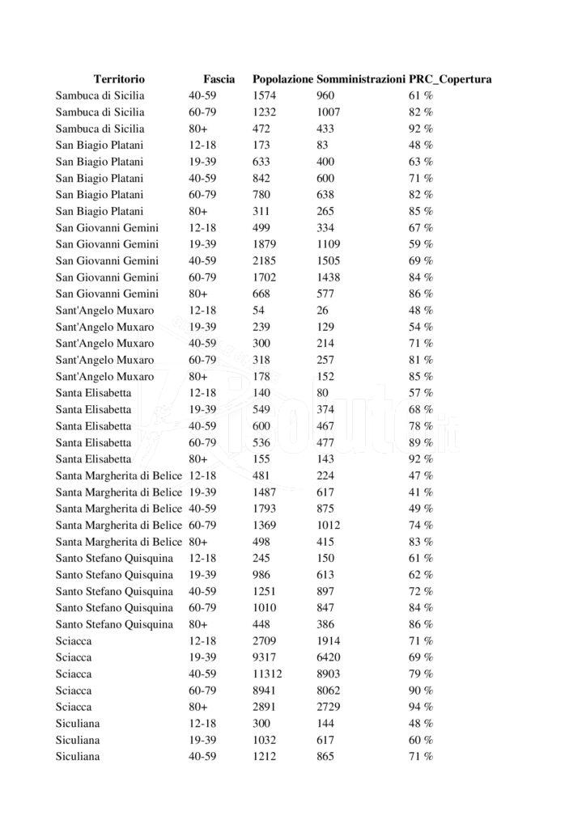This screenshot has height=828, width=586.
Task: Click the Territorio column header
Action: click(x=119, y=79)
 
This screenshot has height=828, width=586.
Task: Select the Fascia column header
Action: click(x=219, y=79)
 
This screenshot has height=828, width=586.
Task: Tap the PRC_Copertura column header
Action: click(x=451, y=79)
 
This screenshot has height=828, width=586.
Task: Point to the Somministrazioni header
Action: click(x=361, y=79)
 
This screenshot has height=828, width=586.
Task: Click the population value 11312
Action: click(x=267, y=674)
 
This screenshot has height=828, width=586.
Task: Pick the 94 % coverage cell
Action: click(x=420, y=707)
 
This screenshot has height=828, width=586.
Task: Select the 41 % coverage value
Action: click(x=420, y=492)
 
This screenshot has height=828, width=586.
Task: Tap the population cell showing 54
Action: click(x=259, y=310)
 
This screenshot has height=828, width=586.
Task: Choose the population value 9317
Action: click(x=265, y=657)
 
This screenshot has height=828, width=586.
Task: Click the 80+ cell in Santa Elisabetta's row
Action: click(x=198, y=458)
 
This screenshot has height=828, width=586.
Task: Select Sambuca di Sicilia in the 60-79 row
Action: click(x=100, y=112)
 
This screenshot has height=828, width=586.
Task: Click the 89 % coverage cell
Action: click(x=420, y=442)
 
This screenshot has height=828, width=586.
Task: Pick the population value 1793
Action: click(x=265, y=509)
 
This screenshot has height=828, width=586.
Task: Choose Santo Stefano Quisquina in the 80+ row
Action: click(x=114, y=624)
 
